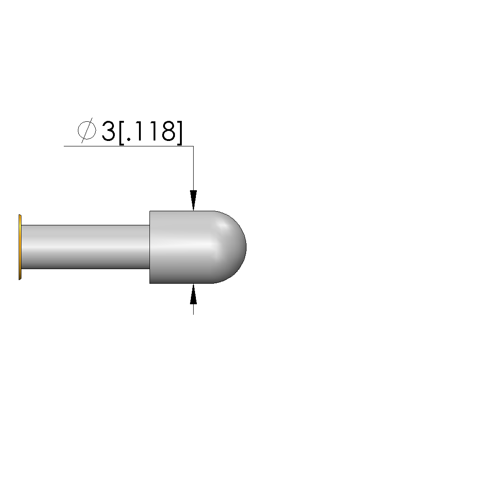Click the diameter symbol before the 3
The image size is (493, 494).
pos(87,130)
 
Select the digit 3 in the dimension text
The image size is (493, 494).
pos(108,131)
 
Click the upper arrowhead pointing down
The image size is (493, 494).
pos(193,200)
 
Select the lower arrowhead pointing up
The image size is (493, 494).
pos(193,294)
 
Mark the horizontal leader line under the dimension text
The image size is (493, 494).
pos(128,146)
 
